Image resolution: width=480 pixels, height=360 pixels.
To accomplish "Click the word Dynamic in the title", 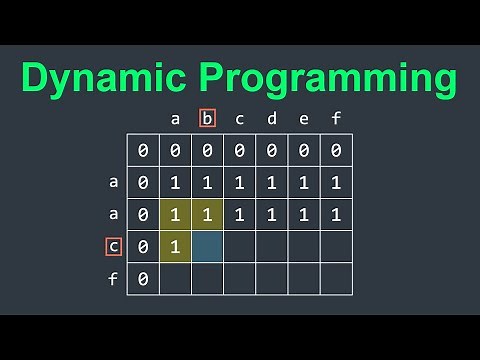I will point(110,77).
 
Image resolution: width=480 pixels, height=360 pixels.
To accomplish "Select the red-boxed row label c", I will point(113,246).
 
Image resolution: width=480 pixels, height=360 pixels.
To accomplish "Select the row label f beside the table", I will point(113,278).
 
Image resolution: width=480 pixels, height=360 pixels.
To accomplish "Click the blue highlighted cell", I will point(208,246).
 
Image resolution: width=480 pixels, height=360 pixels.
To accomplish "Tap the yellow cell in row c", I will point(176,246).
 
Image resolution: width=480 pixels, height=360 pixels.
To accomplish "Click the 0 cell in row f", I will point(144,278).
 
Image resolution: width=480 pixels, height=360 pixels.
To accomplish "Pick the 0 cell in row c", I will point(144,246).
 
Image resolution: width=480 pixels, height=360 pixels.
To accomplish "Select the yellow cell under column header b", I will point(208,214).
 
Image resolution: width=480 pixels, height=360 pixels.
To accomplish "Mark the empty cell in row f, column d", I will point(272,278).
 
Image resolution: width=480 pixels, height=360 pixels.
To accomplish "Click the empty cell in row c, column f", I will point(336,246).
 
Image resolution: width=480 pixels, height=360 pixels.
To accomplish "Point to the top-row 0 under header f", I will point(336,151).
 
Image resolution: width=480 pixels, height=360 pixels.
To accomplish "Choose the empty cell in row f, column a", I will point(176,278).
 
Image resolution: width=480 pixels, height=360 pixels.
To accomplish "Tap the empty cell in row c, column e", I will point(304,246).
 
